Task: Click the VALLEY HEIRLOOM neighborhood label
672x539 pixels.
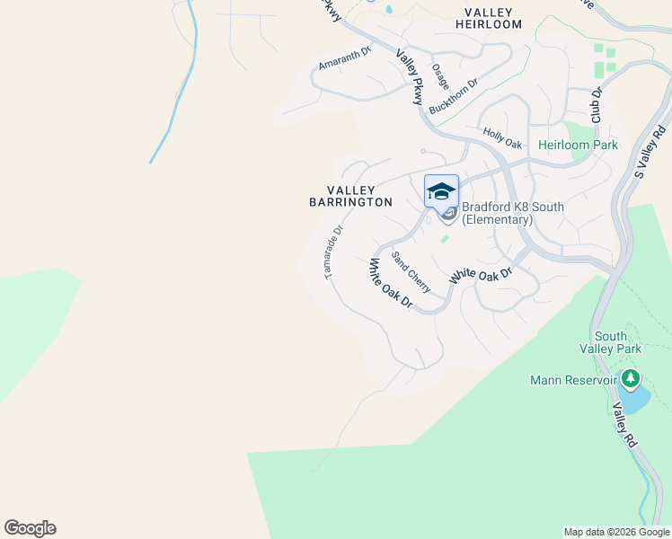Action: [x=493, y=18]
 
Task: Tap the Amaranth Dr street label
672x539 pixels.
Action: [x=344, y=60]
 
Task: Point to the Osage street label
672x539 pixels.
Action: [x=439, y=75]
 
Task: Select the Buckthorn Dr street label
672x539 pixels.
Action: [x=454, y=95]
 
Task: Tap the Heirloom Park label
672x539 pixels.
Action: [x=578, y=145]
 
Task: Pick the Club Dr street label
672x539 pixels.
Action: [x=595, y=105]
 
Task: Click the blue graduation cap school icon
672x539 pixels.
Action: [x=441, y=191]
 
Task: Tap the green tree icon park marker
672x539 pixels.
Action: [x=631, y=379]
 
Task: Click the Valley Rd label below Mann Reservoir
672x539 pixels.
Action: [x=624, y=425]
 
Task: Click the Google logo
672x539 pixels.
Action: [x=30, y=528]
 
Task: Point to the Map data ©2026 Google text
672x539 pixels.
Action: [x=616, y=532]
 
